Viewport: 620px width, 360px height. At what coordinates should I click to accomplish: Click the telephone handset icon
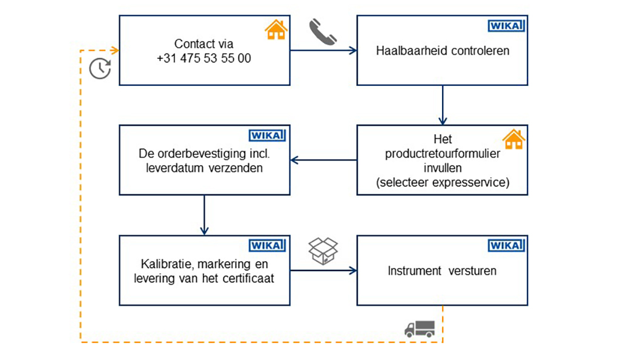click(x=323, y=31)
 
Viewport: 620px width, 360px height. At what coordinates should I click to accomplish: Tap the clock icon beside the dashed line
click(x=100, y=68)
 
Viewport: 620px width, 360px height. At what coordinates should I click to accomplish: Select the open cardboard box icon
click(x=323, y=250)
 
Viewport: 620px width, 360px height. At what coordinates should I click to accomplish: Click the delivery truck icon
click(x=420, y=329)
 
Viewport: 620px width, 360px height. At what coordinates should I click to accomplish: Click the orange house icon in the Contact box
click(x=275, y=30)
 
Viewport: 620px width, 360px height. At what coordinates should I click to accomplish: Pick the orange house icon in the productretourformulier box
click(x=513, y=139)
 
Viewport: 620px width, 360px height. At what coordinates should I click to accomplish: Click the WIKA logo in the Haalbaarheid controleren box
click(x=506, y=27)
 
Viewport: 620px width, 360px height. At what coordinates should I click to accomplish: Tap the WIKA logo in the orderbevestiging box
click(x=267, y=136)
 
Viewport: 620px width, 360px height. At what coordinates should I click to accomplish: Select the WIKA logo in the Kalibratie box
click(x=267, y=246)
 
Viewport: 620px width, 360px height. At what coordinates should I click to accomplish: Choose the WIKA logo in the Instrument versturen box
click(x=506, y=246)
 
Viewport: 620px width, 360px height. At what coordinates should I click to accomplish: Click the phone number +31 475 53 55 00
click(x=203, y=59)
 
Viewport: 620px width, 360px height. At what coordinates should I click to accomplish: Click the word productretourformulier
click(x=443, y=154)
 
